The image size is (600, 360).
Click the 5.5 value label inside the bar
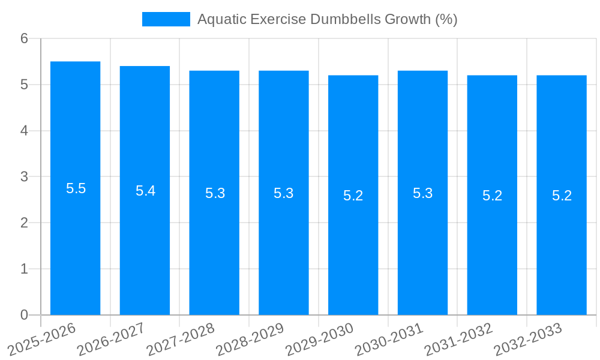[x=76, y=188]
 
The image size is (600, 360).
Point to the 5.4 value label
[x=145, y=191]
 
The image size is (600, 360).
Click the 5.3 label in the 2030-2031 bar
[x=422, y=193]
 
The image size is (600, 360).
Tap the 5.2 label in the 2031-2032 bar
[x=492, y=196]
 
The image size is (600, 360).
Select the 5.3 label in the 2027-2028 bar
[x=215, y=193]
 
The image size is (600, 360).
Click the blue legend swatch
[x=166, y=19]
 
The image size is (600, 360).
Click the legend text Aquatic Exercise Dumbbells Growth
[x=327, y=19]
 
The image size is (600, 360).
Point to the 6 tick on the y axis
[x=24, y=38]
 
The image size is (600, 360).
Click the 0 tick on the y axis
[x=24, y=315]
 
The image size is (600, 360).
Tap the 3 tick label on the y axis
[x=24, y=177]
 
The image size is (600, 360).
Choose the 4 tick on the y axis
[x=24, y=131]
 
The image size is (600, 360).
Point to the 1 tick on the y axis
[x=24, y=269]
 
